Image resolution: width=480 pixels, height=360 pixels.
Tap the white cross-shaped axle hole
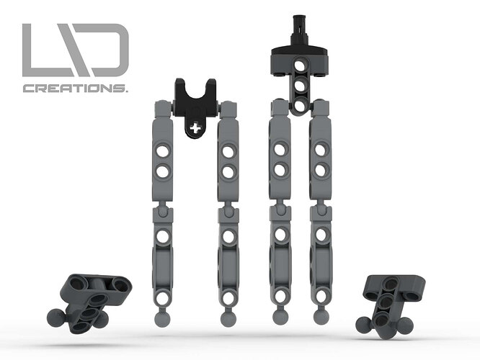pyautogui.click(x=195, y=128)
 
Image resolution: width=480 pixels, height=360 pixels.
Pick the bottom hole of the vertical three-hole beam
pyautogui.click(x=301, y=106)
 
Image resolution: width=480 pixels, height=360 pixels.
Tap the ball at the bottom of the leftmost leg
pyautogui.click(x=162, y=319)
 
